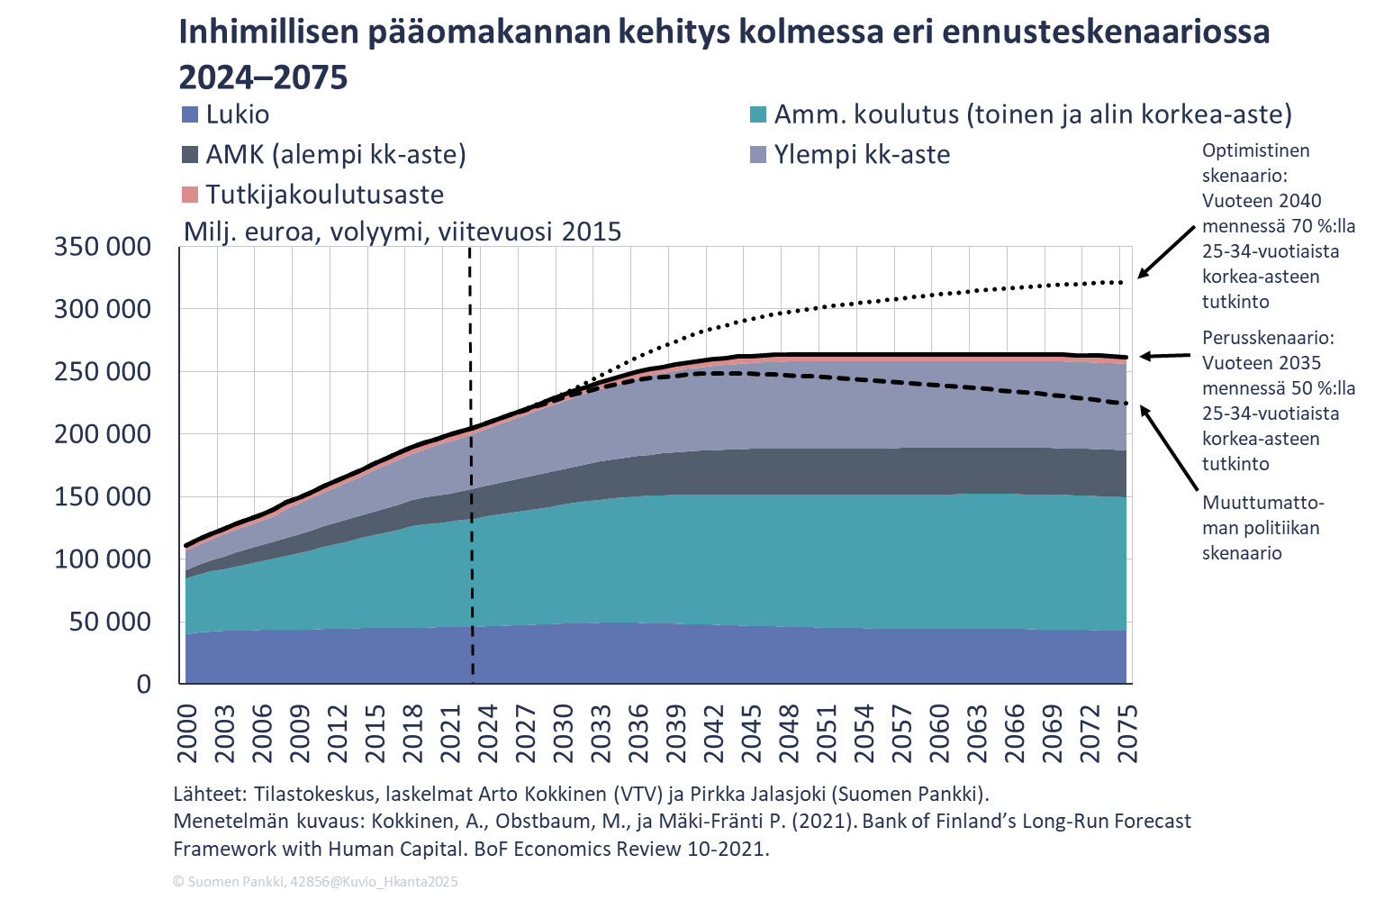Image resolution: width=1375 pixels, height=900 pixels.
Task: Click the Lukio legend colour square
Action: (189, 115)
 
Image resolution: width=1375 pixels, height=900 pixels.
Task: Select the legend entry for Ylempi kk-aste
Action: (862, 155)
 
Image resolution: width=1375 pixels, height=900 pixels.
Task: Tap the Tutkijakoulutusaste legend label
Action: (324, 195)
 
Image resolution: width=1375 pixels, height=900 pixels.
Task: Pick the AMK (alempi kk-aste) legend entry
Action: (335, 155)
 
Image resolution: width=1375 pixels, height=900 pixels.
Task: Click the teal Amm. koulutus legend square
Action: (758, 115)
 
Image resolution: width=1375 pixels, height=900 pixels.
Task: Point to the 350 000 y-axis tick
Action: (103, 247)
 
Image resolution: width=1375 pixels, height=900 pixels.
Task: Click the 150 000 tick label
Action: (103, 497)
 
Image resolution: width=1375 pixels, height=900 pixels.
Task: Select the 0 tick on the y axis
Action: (144, 685)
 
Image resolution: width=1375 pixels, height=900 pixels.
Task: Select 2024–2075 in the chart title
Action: (263, 78)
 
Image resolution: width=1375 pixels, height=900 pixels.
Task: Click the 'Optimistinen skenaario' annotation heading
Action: (1255, 163)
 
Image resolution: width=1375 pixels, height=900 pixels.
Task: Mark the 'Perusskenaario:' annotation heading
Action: (1268, 338)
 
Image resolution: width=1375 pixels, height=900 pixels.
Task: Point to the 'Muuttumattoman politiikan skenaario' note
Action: (1262, 528)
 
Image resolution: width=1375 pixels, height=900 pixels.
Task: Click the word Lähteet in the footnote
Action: (208, 794)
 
